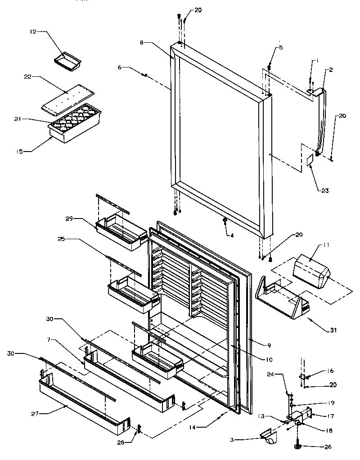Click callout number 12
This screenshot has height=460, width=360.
32,32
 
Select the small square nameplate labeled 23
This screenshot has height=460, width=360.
309,161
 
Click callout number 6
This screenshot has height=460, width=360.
120,68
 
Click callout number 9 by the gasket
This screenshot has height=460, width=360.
269,345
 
